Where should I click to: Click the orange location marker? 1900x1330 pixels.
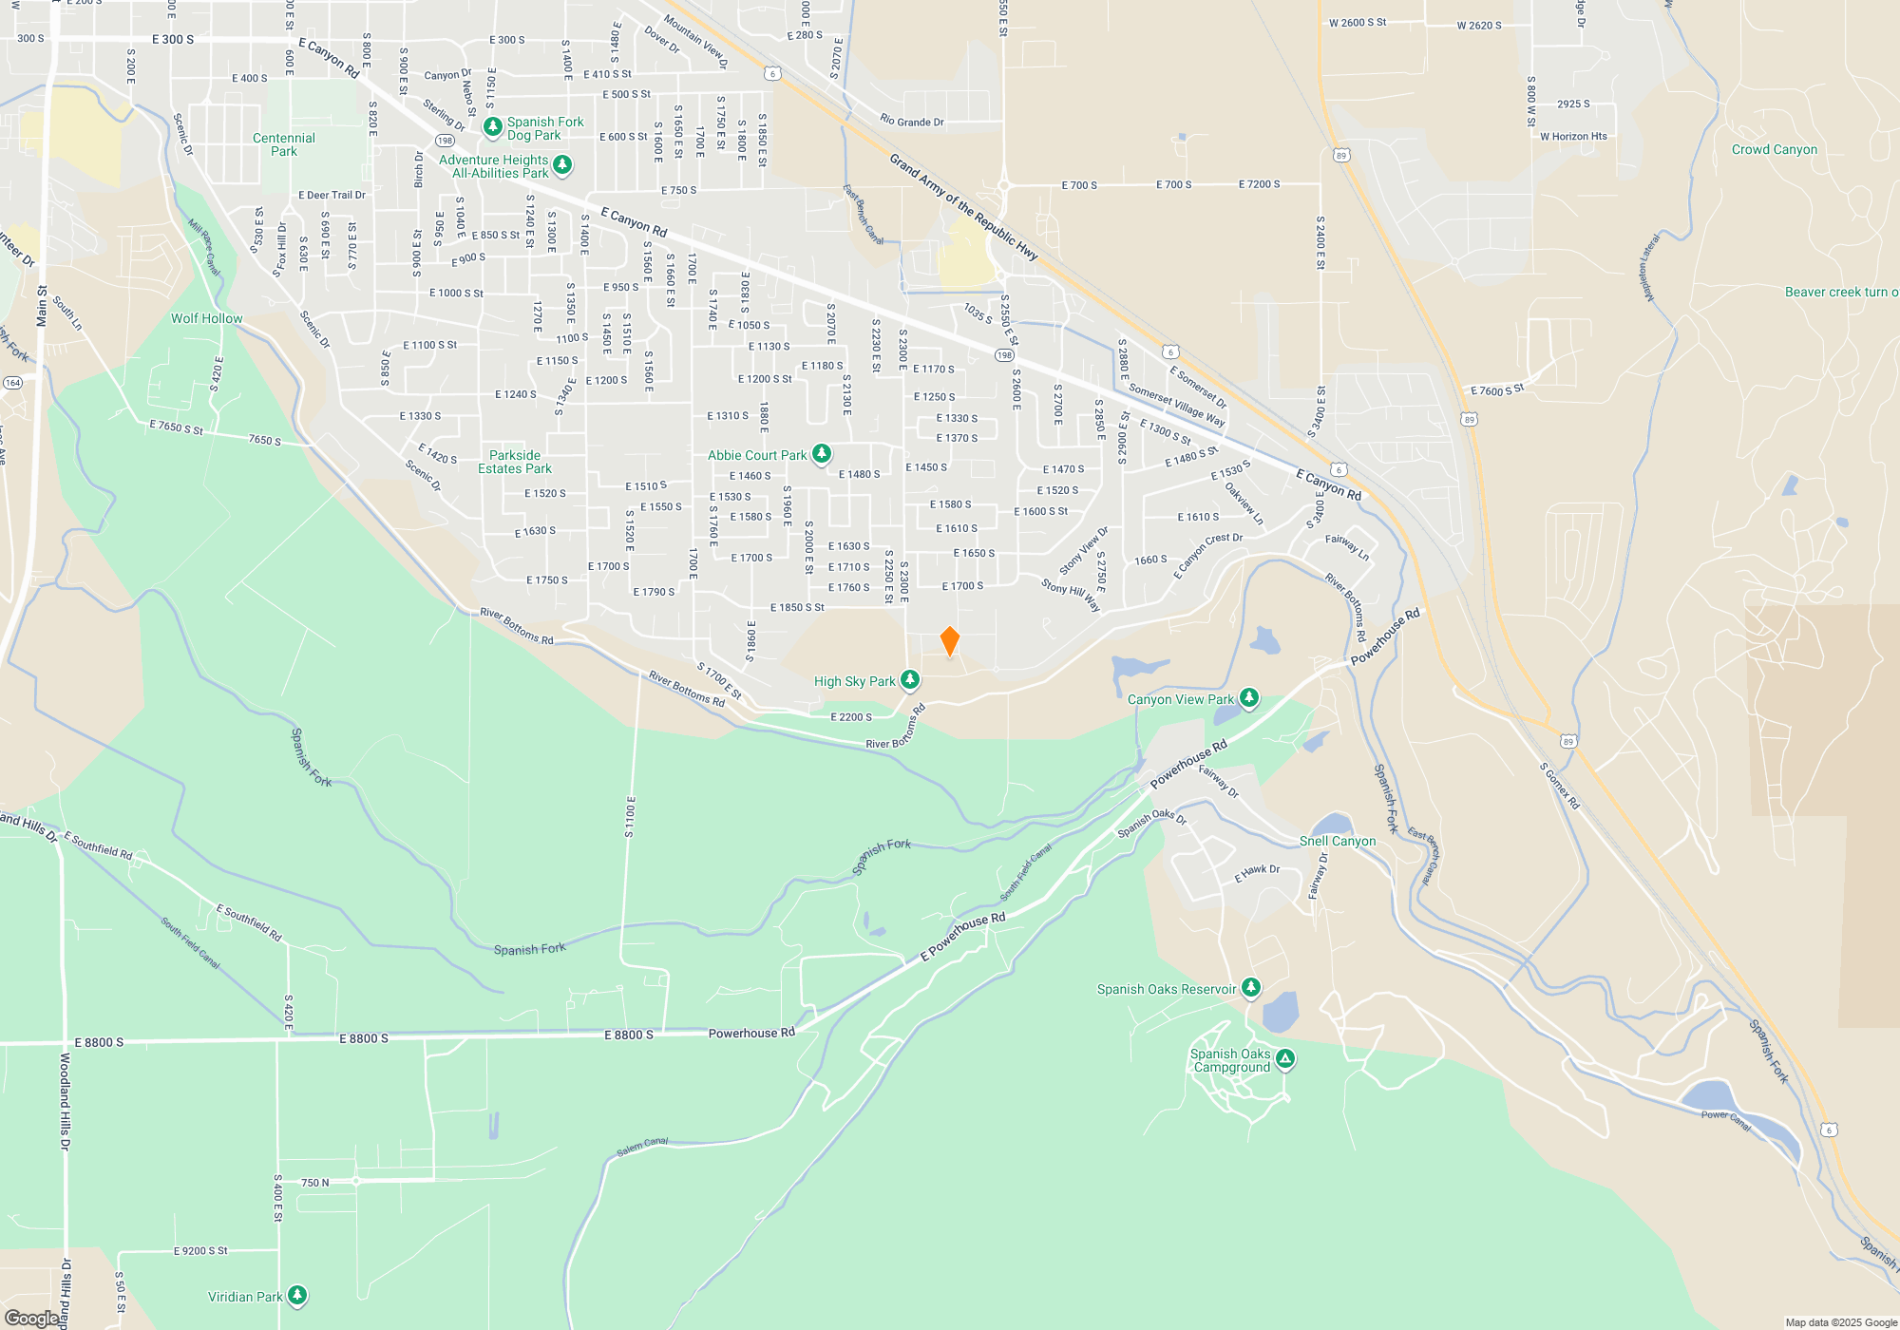click(949, 641)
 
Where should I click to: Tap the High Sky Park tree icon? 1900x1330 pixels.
click(910, 679)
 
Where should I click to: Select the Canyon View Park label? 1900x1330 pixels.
click(1180, 700)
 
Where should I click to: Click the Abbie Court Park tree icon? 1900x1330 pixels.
click(822, 453)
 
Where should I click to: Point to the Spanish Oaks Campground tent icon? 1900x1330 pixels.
click(1285, 1058)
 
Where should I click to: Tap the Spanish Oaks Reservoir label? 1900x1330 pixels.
click(1167, 990)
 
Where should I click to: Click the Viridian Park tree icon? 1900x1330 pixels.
click(297, 1295)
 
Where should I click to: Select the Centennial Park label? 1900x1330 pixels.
click(284, 144)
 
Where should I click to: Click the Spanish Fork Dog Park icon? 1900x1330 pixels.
click(492, 126)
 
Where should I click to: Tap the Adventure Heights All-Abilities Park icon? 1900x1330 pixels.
click(562, 164)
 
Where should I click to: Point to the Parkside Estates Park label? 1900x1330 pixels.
click(515, 462)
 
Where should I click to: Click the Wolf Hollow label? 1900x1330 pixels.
click(207, 318)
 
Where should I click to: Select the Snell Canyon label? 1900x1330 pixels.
click(1338, 842)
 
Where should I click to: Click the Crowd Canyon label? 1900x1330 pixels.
click(1774, 150)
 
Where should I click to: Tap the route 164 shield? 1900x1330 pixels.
click(12, 383)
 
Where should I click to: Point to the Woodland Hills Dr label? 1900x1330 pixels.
click(66, 1101)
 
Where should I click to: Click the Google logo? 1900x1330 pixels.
click(31, 1319)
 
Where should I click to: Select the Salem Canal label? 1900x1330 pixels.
click(642, 1148)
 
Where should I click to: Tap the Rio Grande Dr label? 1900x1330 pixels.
click(912, 122)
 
